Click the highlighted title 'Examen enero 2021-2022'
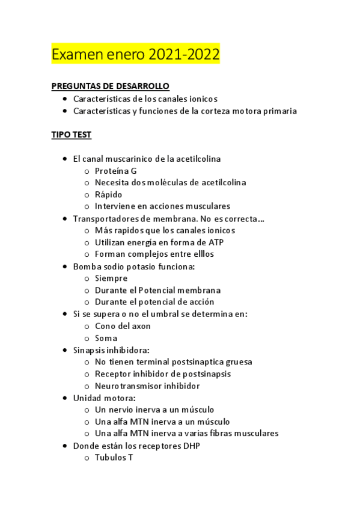(136, 55)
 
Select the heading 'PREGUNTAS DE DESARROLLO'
(111, 86)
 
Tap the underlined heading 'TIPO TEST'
(72, 135)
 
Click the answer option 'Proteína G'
(116, 171)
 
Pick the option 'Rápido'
(108, 194)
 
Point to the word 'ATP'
(215, 242)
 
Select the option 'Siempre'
(111, 278)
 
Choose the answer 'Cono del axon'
(123, 326)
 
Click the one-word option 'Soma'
(106, 338)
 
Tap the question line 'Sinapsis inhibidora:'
(111, 350)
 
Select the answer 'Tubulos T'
(114, 458)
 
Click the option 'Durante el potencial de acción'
(154, 302)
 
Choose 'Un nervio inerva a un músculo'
(154, 410)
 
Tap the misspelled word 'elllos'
(201, 254)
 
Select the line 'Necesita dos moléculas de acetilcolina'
(170, 182)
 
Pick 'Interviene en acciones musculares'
(162, 206)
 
